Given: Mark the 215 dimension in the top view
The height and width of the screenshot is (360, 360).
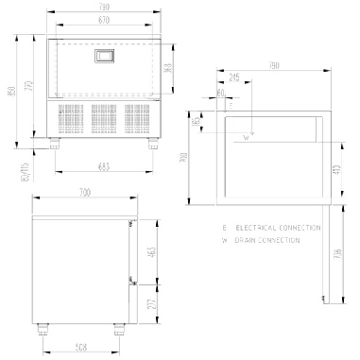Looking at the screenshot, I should point(234,76).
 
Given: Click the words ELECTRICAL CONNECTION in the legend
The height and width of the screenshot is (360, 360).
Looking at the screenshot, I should point(268,229).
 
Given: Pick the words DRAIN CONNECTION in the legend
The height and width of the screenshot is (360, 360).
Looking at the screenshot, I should point(268,241).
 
